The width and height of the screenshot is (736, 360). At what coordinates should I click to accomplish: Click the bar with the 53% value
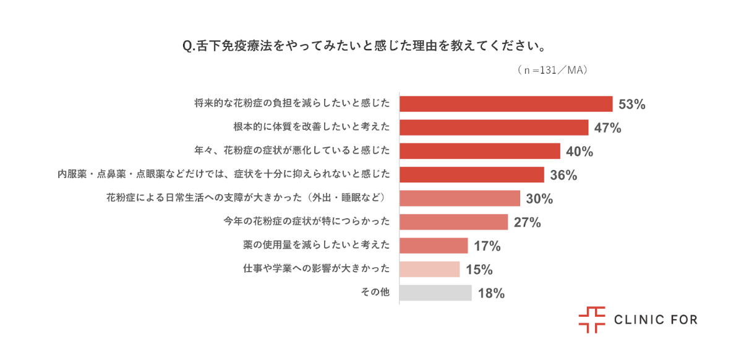(506, 104)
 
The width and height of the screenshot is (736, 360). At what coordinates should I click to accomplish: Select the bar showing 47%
(494, 127)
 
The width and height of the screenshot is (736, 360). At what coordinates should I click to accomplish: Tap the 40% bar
(480, 151)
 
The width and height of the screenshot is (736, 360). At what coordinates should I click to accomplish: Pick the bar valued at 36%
(472, 175)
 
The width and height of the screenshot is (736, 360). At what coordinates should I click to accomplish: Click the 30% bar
(460, 199)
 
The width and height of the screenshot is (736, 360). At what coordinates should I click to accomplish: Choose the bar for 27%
(453, 222)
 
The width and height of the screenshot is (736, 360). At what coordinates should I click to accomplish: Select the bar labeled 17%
(434, 246)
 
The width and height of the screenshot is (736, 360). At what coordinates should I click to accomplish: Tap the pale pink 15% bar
(430, 269)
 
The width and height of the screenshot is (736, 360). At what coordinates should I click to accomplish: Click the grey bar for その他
(435, 293)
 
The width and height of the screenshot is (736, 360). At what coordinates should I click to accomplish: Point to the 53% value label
(632, 105)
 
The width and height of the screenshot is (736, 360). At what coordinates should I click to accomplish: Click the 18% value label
(492, 293)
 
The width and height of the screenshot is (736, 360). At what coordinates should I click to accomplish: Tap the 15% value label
(479, 270)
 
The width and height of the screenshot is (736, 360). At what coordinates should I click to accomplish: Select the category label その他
(375, 293)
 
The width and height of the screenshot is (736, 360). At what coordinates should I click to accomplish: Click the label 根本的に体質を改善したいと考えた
(312, 127)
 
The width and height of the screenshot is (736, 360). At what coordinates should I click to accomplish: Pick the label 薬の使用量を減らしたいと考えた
(317, 246)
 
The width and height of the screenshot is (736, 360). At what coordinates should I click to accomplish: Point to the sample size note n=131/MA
(552, 71)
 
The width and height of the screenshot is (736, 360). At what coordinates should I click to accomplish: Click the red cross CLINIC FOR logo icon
(591, 319)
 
